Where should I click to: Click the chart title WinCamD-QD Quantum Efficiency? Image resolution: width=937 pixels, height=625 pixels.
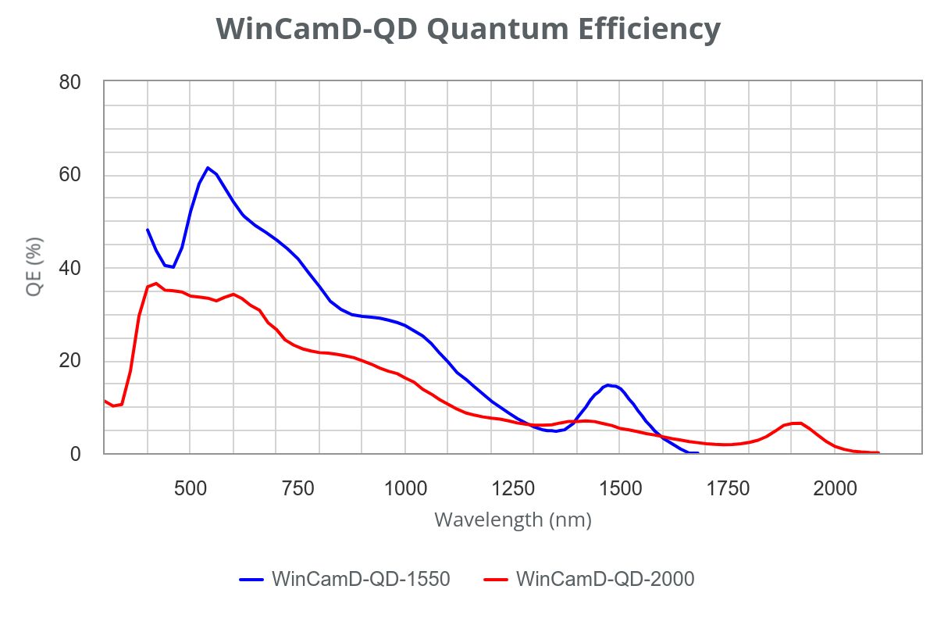468,29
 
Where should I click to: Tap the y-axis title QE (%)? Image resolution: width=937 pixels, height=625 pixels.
34,266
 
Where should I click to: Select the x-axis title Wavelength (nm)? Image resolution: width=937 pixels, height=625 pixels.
512,519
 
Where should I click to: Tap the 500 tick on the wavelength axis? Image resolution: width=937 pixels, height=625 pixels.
190,489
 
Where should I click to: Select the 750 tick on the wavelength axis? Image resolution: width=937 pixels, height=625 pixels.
297,489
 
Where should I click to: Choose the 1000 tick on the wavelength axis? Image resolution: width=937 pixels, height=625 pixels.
404,489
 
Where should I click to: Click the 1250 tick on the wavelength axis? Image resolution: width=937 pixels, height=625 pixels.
512,489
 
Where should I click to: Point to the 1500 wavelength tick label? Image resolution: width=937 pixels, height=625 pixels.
620,489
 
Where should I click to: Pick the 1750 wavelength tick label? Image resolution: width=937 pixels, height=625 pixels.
728,489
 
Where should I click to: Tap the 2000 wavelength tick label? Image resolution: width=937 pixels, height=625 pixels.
835,489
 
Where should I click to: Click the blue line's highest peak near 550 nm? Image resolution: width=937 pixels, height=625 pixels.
208,167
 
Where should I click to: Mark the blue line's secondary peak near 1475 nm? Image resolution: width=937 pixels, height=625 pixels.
608,384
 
